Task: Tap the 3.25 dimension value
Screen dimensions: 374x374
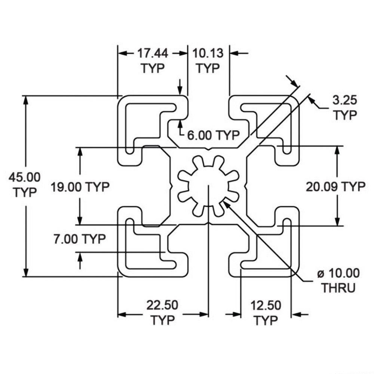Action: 345,100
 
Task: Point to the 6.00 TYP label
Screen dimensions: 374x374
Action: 213,135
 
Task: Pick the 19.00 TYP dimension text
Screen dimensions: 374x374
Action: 80,187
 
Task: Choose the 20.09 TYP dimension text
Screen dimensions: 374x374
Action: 335,187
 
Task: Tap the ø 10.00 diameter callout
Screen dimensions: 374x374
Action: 338,273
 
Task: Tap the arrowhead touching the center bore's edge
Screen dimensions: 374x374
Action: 227,203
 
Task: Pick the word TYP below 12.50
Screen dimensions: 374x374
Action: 266,321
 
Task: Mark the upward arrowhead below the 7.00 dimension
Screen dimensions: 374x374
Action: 80,256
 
